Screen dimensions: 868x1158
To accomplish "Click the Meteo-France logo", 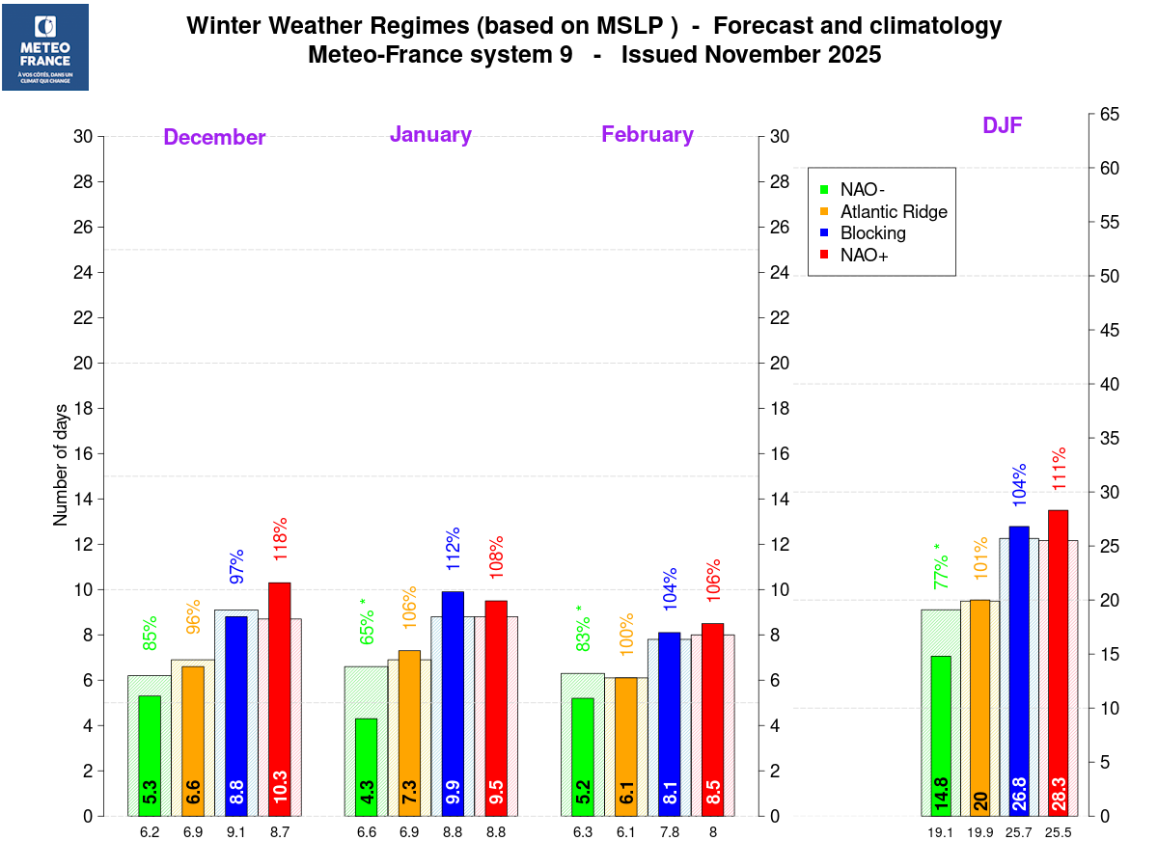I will pos(45,47).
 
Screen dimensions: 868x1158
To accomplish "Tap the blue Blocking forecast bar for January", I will pos(453,704).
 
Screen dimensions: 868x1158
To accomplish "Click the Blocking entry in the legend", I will pos(872,233).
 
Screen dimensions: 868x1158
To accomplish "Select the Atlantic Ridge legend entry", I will pos(894,212).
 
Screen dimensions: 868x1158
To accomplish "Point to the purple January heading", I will pos(430,135).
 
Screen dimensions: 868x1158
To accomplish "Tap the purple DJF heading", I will pos(1003,125).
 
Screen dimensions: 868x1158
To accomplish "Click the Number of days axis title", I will pos(61,464).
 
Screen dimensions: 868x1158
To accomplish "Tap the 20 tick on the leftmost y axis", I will pos(84,364).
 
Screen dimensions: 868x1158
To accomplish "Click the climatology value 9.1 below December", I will pos(236,832).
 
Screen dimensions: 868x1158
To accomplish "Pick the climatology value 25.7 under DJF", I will pos(1019,832).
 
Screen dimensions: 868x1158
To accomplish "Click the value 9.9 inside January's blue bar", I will pos(453,792).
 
